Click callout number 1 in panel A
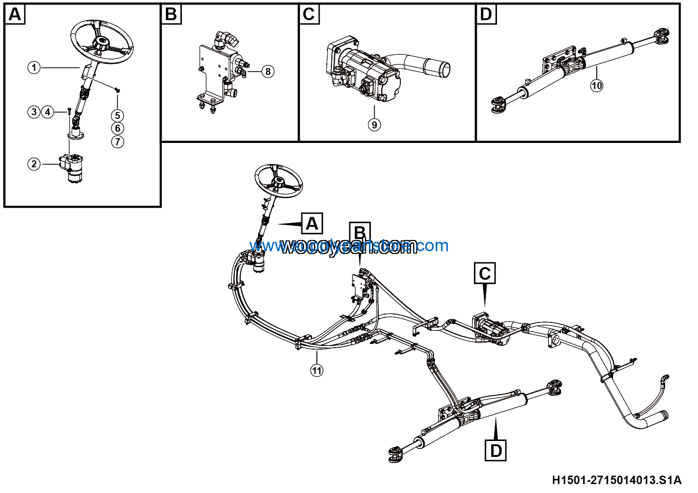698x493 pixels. [x=34, y=67]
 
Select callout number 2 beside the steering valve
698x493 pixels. [x=34, y=164]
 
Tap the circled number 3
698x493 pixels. [x=34, y=112]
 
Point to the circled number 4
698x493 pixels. [x=47, y=112]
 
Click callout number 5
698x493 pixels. [x=117, y=115]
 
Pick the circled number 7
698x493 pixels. [x=117, y=142]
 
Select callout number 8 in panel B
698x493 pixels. [x=268, y=71]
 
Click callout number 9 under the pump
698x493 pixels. [x=374, y=125]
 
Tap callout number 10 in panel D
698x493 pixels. [x=596, y=85]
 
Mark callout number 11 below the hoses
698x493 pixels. [x=317, y=370]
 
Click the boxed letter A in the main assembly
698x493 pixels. [x=312, y=224]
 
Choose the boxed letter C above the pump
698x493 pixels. [x=485, y=273]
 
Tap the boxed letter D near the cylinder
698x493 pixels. [x=496, y=450]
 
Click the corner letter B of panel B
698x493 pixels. [x=171, y=15]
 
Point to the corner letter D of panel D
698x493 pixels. [x=486, y=15]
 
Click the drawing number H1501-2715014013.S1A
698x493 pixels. [x=616, y=480]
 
